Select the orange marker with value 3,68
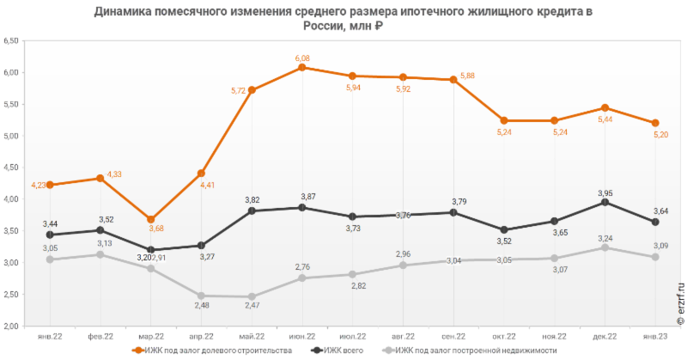(151, 219)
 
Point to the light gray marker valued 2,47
(251, 296)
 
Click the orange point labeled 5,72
(251, 89)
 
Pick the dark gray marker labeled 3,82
(251, 211)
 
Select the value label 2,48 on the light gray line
(201, 308)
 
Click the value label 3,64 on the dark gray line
(661, 211)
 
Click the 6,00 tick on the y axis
(12, 72)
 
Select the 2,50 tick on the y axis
(12, 295)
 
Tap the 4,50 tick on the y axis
(12, 168)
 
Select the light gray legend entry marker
(389, 351)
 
